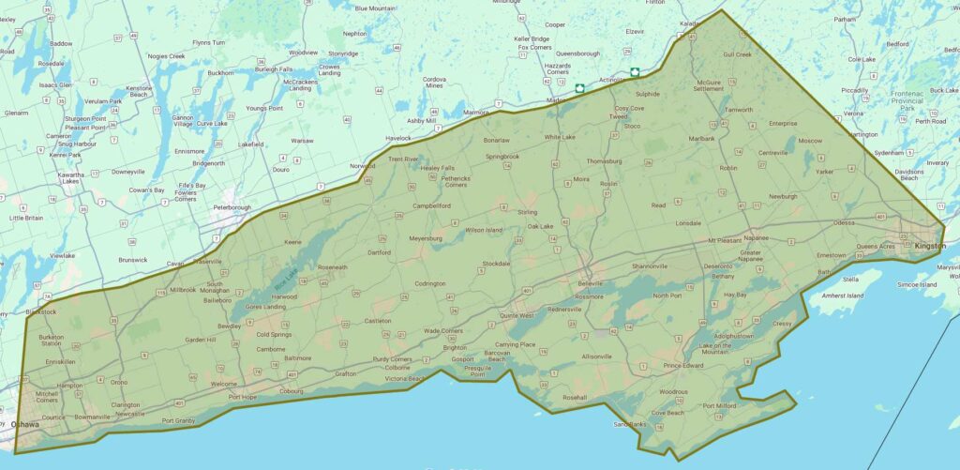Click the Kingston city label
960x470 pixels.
930,246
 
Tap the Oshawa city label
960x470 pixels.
25,425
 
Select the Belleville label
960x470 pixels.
590,282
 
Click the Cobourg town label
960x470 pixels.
293,391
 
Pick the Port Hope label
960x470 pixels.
242,397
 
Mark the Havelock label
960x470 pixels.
397,138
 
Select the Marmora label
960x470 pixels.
475,113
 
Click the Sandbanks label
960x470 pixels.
630,424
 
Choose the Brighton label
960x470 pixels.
455,346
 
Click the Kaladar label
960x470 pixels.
690,23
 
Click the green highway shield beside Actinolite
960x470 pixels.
635,71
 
